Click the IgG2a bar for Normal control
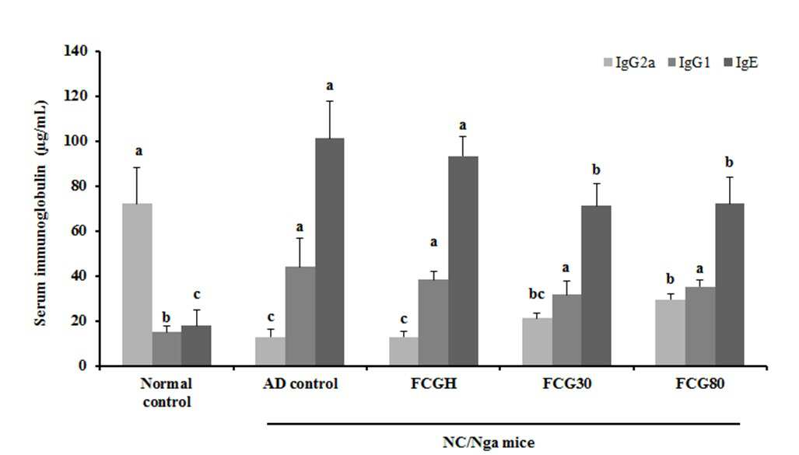click(x=137, y=285)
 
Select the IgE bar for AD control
click(x=330, y=252)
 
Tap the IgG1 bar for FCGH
click(x=433, y=323)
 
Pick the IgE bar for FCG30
click(x=596, y=286)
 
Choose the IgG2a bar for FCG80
click(x=670, y=333)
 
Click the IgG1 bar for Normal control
click(x=166, y=349)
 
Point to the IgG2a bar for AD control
click(x=270, y=352)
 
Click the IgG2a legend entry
click(x=629, y=63)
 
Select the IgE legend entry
click(x=741, y=63)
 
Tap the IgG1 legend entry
click(x=689, y=63)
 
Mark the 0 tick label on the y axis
click(x=82, y=366)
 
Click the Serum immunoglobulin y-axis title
click(x=40, y=213)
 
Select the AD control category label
click(x=300, y=383)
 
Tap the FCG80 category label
click(x=699, y=383)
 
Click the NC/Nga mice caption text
click(x=489, y=442)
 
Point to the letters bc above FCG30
click(x=536, y=294)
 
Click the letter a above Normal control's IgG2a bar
click(x=138, y=152)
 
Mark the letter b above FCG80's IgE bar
click(x=729, y=163)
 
